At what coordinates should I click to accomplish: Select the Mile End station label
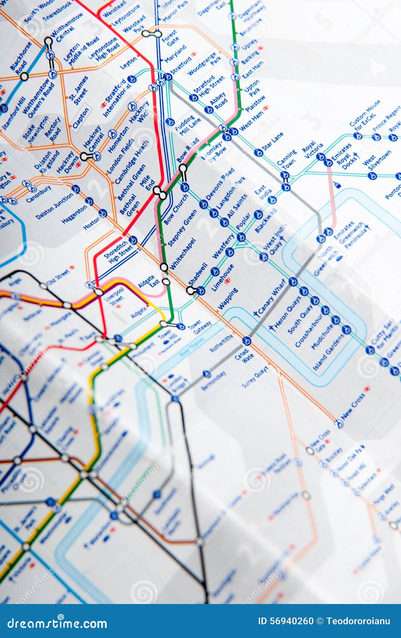[147, 183]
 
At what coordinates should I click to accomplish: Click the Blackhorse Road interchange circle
[24, 77]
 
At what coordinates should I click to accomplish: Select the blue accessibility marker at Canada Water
[246, 341]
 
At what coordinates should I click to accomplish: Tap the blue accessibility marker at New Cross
[339, 424]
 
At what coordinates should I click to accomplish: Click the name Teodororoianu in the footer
[358, 621]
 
